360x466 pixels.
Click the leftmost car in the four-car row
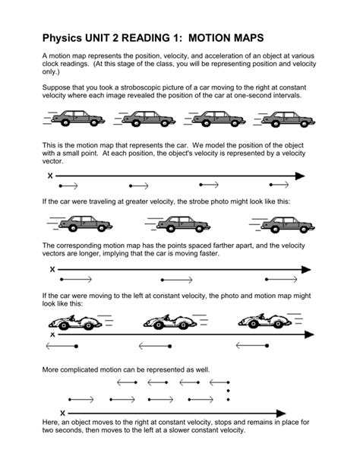click(80, 119)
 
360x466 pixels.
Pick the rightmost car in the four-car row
click(286, 119)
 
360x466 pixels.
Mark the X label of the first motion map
click(50, 176)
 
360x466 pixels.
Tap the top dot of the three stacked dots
click(229, 382)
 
